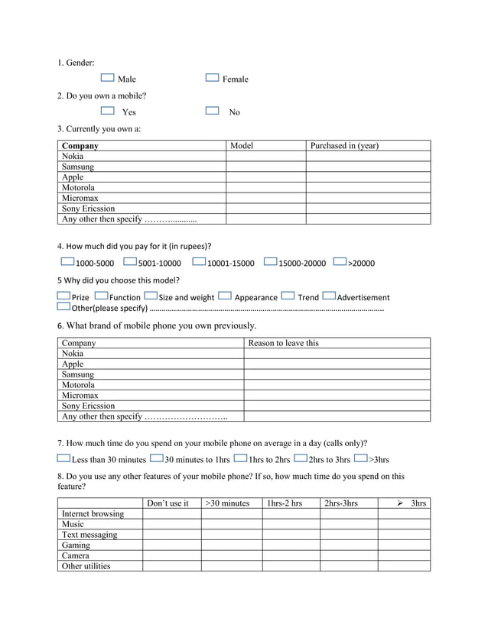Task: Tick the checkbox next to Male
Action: (x=107, y=78)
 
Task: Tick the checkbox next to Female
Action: (x=213, y=78)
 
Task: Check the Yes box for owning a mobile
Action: (x=107, y=111)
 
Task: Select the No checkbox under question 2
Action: (x=213, y=111)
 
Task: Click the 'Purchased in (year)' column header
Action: (x=343, y=145)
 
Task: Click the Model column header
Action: (x=242, y=145)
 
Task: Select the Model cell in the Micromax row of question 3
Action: (x=265, y=198)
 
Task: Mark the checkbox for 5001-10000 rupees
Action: (x=130, y=262)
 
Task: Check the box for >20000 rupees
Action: (x=340, y=262)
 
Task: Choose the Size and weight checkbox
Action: (x=151, y=296)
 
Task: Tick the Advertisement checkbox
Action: (x=330, y=296)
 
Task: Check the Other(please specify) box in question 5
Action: (x=63, y=307)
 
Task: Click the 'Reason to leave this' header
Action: (x=283, y=343)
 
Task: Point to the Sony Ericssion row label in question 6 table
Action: (x=88, y=406)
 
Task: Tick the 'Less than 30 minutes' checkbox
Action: (x=63, y=458)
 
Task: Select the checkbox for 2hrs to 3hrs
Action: (x=301, y=458)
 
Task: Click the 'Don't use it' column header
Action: (x=168, y=503)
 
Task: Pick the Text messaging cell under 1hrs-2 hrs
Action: (x=290, y=535)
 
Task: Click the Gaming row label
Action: (x=76, y=545)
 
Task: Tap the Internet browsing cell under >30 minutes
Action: (x=230, y=514)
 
